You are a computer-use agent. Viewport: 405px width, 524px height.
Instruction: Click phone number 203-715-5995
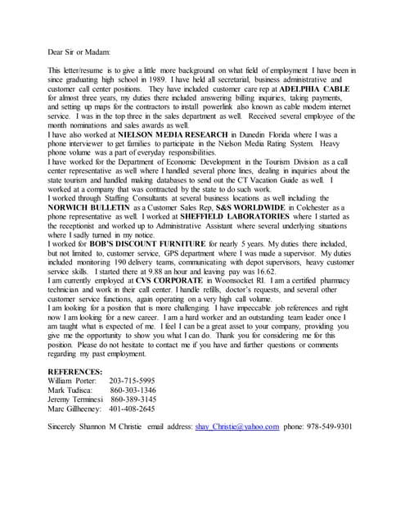pyautogui.click(x=132, y=381)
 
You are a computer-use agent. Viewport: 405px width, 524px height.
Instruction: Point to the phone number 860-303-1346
pyautogui.click(x=133, y=391)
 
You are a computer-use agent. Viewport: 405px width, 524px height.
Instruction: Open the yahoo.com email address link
pyautogui.click(x=237, y=426)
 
